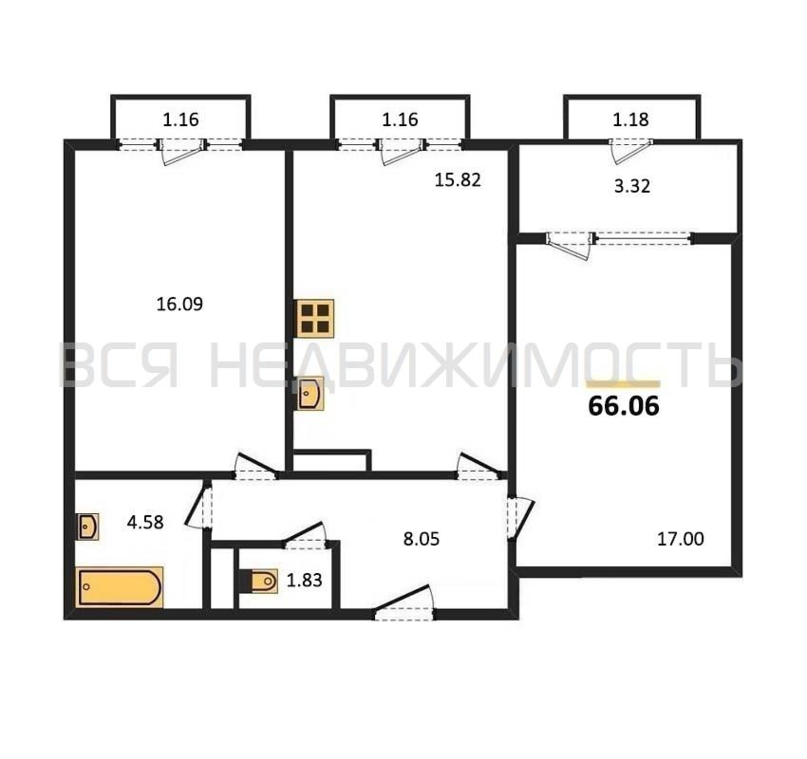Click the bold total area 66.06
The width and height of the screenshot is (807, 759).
[624, 406]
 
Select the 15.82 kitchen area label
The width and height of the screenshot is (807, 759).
[458, 180]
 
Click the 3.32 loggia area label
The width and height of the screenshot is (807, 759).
[632, 186]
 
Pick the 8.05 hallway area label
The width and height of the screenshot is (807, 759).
[422, 539]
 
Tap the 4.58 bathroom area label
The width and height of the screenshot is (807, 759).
[145, 522]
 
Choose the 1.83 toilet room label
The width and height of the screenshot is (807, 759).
[305, 580]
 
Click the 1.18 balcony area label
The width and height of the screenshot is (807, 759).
[631, 120]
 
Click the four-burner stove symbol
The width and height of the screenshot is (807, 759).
[315, 318]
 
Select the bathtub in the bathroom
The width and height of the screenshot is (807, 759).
[120, 587]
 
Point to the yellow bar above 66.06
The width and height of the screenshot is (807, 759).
[624, 384]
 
